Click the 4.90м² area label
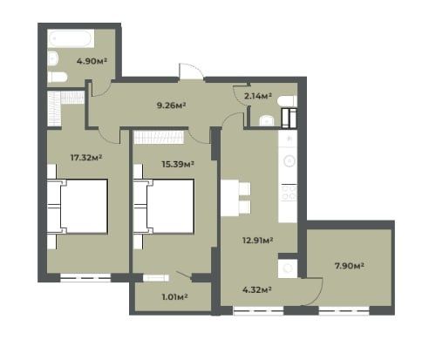point(92,61)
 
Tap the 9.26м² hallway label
point(171,105)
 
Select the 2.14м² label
point(258,96)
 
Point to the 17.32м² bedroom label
point(86,158)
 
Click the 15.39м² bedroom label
point(178,164)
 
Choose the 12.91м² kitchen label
point(257,241)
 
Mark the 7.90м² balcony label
point(350,266)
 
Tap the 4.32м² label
point(257,289)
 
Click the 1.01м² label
point(174,297)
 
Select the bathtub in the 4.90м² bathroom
point(71,38)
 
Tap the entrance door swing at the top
point(191,71)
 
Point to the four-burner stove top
point(288,193)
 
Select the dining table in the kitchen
point(229,198)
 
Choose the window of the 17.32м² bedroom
point(85,278)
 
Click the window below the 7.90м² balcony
point(344,310)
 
